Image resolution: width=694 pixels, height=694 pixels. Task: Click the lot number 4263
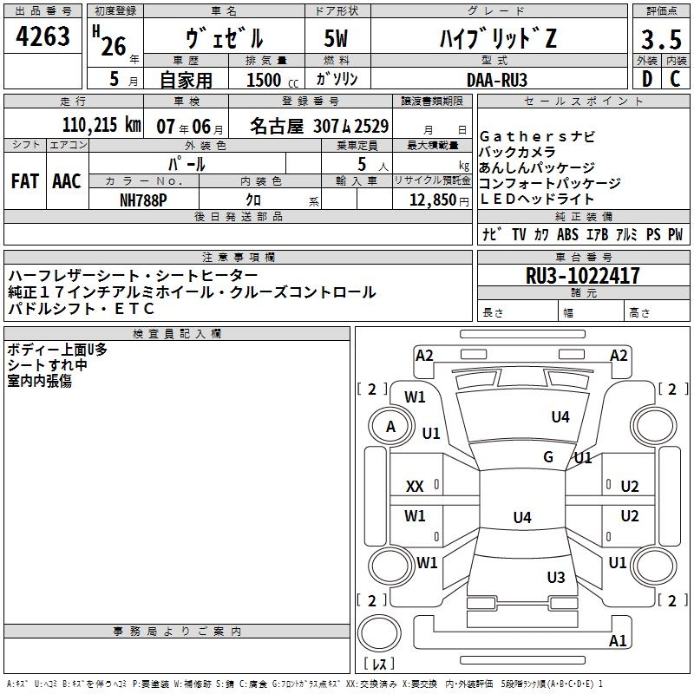[x=43, y=37]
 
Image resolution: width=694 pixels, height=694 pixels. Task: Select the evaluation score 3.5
[x=659, y=40]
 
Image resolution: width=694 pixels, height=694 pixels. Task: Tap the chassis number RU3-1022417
[x=583, y=277]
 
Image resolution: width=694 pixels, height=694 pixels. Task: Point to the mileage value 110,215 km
[x=101, y=125]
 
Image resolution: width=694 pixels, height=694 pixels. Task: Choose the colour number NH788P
[x=144, y=199]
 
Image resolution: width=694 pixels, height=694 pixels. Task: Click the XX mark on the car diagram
[x=416, y=487]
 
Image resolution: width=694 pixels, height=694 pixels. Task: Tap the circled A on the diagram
[x=390, y=426]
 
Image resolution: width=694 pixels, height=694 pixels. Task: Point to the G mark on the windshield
[x=548, y=457]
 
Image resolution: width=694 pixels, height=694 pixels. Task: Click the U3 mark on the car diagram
[x=556, y=577]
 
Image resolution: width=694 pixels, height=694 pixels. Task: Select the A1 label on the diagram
[x=618, y=641]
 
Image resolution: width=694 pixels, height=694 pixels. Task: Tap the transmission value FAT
[x=25, y=181]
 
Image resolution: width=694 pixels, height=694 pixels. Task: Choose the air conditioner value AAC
[x=67, y=181]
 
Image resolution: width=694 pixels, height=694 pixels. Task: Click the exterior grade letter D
[x=645, y=79]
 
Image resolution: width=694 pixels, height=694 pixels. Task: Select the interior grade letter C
[x=675, y=79]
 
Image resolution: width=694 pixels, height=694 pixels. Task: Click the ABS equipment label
[x=567, y=234]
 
